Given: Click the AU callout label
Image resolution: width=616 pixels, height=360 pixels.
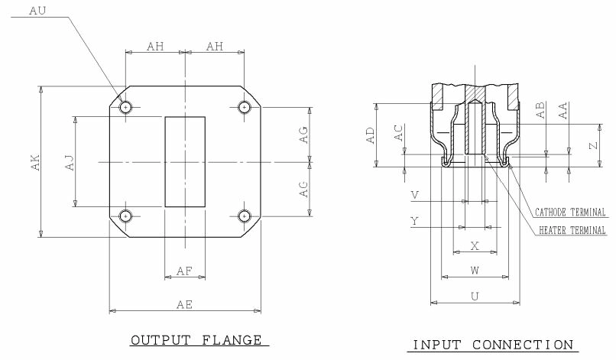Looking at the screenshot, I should tap(37, 11).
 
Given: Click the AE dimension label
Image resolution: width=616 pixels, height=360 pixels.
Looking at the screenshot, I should tap(184, 304).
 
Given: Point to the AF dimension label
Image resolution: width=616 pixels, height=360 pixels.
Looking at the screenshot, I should tap(184, 271).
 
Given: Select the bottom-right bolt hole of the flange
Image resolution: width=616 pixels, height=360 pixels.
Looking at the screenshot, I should tap(244, 216).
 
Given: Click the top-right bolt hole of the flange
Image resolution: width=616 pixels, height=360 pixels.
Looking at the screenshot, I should tap(244, 107).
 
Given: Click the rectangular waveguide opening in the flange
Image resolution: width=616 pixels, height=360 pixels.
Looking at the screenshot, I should tap(185, 161).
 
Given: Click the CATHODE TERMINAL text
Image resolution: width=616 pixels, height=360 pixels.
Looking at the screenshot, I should tap(570, 212).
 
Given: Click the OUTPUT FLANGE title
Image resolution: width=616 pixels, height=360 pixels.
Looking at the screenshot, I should tap(196, 339).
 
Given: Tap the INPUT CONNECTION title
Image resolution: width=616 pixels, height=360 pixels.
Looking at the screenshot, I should tap(492, 345).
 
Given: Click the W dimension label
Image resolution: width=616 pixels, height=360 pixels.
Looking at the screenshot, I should tap(475, 270).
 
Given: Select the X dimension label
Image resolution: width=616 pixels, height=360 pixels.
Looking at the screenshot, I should tap(475, 246).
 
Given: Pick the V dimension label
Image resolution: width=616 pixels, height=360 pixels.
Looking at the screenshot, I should tap(414, 196).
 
